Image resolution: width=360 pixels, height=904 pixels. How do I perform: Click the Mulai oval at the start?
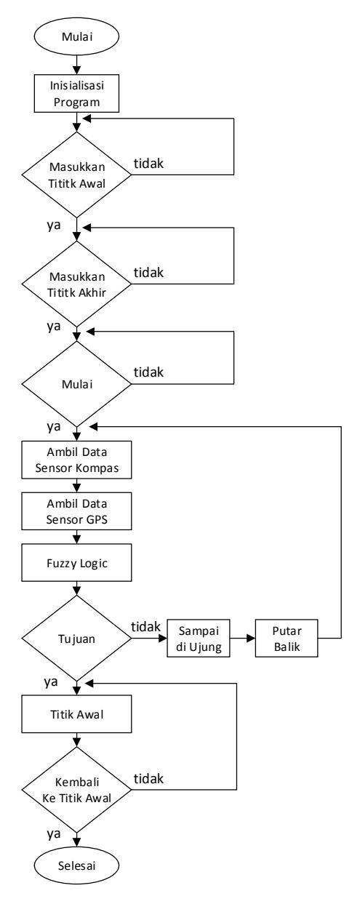tap(76, 36)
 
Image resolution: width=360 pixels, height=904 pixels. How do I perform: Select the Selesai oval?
tap(76, 865)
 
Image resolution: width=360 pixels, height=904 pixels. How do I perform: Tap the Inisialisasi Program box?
tap(76, 93)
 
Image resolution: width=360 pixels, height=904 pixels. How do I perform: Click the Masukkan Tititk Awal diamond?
tap(76, 175)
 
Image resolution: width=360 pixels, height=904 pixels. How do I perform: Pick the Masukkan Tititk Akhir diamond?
tap(76, 284)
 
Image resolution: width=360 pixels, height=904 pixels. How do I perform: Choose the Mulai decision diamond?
tap(76, 384)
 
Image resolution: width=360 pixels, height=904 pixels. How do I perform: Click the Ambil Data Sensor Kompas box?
tap(76, 460)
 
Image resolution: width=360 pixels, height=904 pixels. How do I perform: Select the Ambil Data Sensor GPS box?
tap(76, 511)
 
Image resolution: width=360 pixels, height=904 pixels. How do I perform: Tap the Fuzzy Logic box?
tap(76, 563)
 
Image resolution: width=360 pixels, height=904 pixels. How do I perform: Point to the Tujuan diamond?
tap(76, 639)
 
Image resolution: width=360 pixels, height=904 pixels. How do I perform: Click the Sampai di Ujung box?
tap(199, 639)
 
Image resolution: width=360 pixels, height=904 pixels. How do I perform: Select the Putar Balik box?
tap(287, 639)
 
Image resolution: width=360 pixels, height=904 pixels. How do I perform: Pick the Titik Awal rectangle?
tap(76, 714)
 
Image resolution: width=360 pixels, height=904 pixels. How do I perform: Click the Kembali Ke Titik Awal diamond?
tap(76, 789)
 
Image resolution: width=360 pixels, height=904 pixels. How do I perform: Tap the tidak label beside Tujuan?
tap(145, 627)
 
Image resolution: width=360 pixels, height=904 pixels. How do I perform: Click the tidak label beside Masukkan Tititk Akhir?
tap(148, 273)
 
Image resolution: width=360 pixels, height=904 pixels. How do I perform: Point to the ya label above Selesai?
tap(54, 833)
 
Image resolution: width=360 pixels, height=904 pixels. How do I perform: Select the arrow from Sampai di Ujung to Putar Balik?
tap(243, 639)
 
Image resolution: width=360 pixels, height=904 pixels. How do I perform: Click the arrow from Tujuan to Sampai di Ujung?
tap(149, 639)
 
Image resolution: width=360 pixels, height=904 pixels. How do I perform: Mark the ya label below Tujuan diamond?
tap(51, 682)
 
